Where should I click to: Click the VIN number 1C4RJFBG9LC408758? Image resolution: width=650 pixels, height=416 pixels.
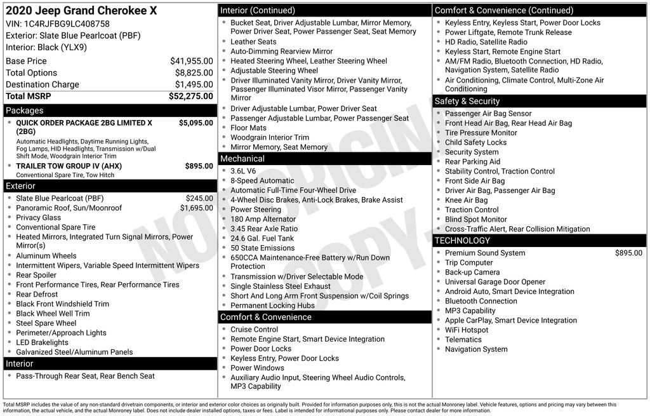71,24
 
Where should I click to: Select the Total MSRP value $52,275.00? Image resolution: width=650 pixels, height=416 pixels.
190,97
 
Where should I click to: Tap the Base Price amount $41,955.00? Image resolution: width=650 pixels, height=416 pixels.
191,61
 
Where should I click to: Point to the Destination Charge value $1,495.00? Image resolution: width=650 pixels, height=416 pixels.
194,84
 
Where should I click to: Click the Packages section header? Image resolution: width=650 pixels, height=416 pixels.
25,111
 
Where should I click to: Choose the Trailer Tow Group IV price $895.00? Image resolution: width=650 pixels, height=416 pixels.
199,166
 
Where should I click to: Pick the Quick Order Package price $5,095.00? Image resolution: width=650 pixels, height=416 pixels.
196,123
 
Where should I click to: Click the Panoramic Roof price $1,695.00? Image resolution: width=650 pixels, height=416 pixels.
196,208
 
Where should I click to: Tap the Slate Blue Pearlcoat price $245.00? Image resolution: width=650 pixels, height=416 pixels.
199,198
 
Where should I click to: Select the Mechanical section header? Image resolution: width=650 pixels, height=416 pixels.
242,159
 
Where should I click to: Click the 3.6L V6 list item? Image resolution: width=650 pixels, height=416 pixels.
243,171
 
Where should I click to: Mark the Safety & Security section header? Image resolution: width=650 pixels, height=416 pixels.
467,101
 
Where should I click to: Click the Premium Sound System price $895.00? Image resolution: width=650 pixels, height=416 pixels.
628,253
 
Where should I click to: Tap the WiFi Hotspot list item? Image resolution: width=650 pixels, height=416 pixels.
467,330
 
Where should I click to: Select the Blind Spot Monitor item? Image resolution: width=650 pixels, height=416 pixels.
475,219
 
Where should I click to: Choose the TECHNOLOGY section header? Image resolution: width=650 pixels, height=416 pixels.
463,241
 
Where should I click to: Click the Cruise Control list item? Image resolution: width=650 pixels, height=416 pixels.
254,330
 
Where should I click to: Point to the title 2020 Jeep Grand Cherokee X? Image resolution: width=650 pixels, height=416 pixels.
81,11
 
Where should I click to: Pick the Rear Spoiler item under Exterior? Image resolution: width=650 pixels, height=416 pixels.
36,275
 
